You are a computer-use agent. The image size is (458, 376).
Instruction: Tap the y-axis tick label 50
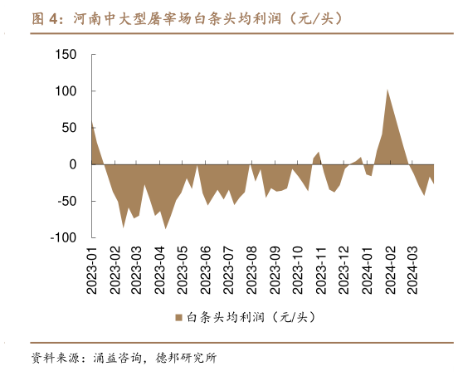pos(68,128)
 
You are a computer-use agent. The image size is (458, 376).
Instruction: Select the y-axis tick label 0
pos(72,164)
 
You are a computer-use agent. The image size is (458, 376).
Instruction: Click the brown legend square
pos(178,317)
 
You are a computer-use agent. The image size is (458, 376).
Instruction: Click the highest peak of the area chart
pos(387,90)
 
